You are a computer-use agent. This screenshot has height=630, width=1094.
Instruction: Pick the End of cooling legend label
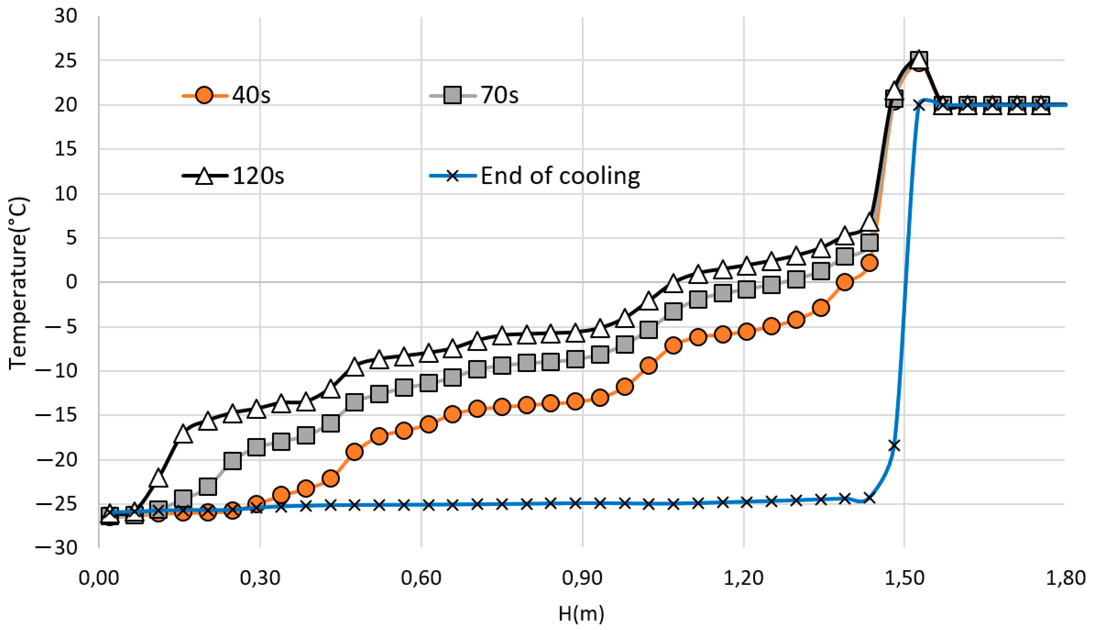click(x=560, y=176)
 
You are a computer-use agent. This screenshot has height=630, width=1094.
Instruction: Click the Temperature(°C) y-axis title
click(x=18, y=283)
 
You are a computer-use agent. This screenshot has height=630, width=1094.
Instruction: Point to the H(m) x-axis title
click(x=581, y=613)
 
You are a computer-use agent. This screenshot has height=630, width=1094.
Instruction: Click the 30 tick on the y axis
click(x=66, y=17)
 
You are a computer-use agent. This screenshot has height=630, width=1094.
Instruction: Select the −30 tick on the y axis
click(x=57, y=548)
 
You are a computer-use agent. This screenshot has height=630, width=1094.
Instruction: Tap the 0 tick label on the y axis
click(x=71, y=282)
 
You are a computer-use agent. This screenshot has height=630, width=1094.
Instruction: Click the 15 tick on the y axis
click(x=66, y=149)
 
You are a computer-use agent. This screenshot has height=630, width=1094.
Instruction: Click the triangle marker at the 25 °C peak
click(x=918, y=60)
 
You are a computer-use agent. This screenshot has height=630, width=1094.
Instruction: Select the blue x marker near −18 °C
click(x=894, y=445)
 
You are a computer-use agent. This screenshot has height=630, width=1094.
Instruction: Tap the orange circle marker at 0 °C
click(x=845, y=283)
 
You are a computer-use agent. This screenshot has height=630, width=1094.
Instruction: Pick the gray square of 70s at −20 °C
click(x=233, y=461)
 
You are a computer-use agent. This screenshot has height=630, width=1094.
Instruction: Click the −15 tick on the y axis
click(x=57, y=415)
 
